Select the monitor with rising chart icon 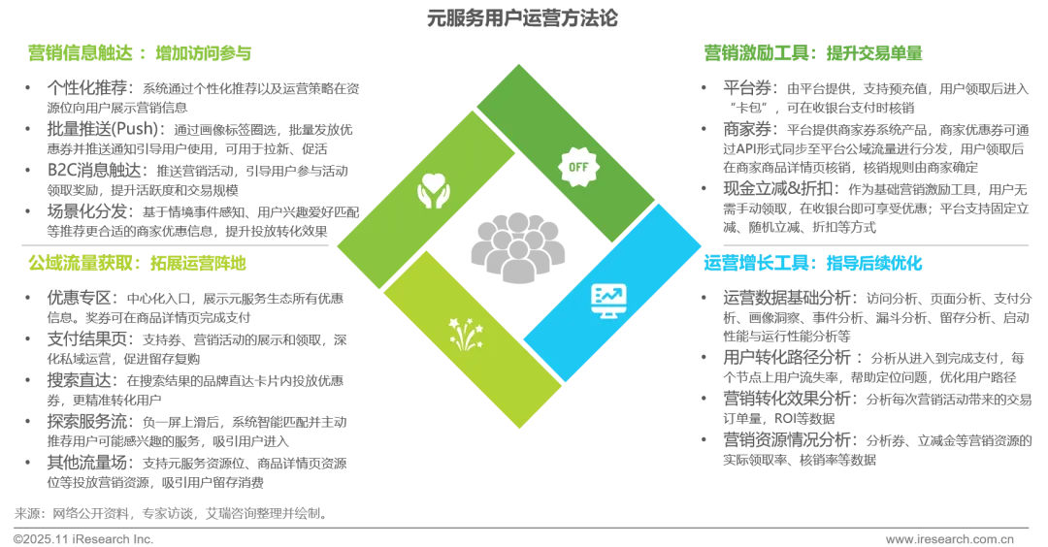pyautogui.click(x=608, y=300)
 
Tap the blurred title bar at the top pyautogui.click(x=523, y=18)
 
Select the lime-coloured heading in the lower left pyautogui.click(x=137, y=262)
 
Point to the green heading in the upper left pyautogui.click(x=139, y=52)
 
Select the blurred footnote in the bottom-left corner pyautogui.click(x=165, y=522)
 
